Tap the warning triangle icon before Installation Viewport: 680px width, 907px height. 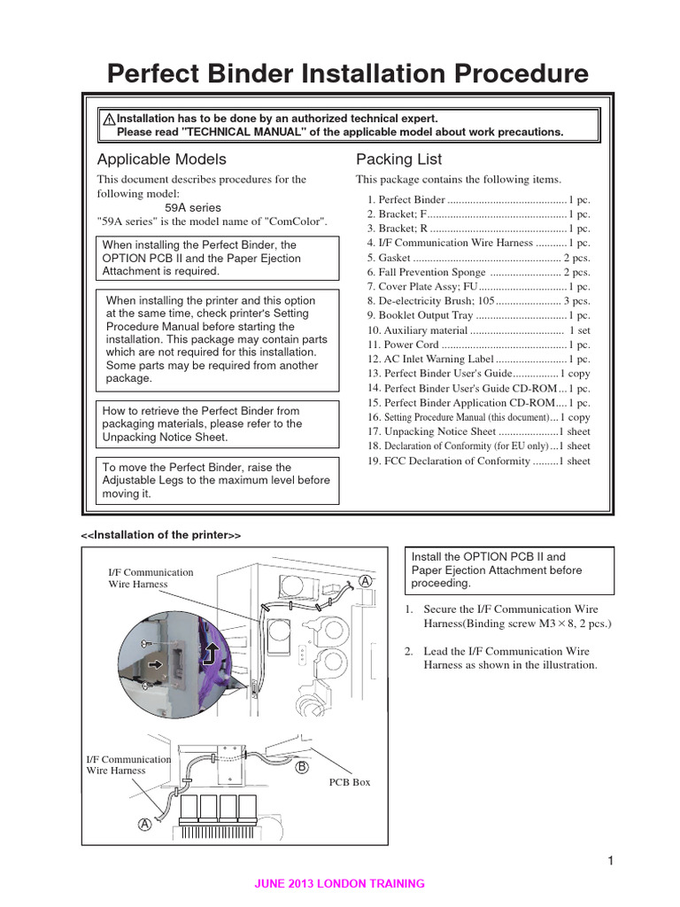(x=108, y=119)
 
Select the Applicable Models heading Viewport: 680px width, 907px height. (x=161, y=159)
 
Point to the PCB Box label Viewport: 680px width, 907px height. (x=350, y=782)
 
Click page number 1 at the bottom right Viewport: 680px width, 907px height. (x=611, y=861)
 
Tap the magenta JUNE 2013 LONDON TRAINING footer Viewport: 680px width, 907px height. (x=339, y=883)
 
